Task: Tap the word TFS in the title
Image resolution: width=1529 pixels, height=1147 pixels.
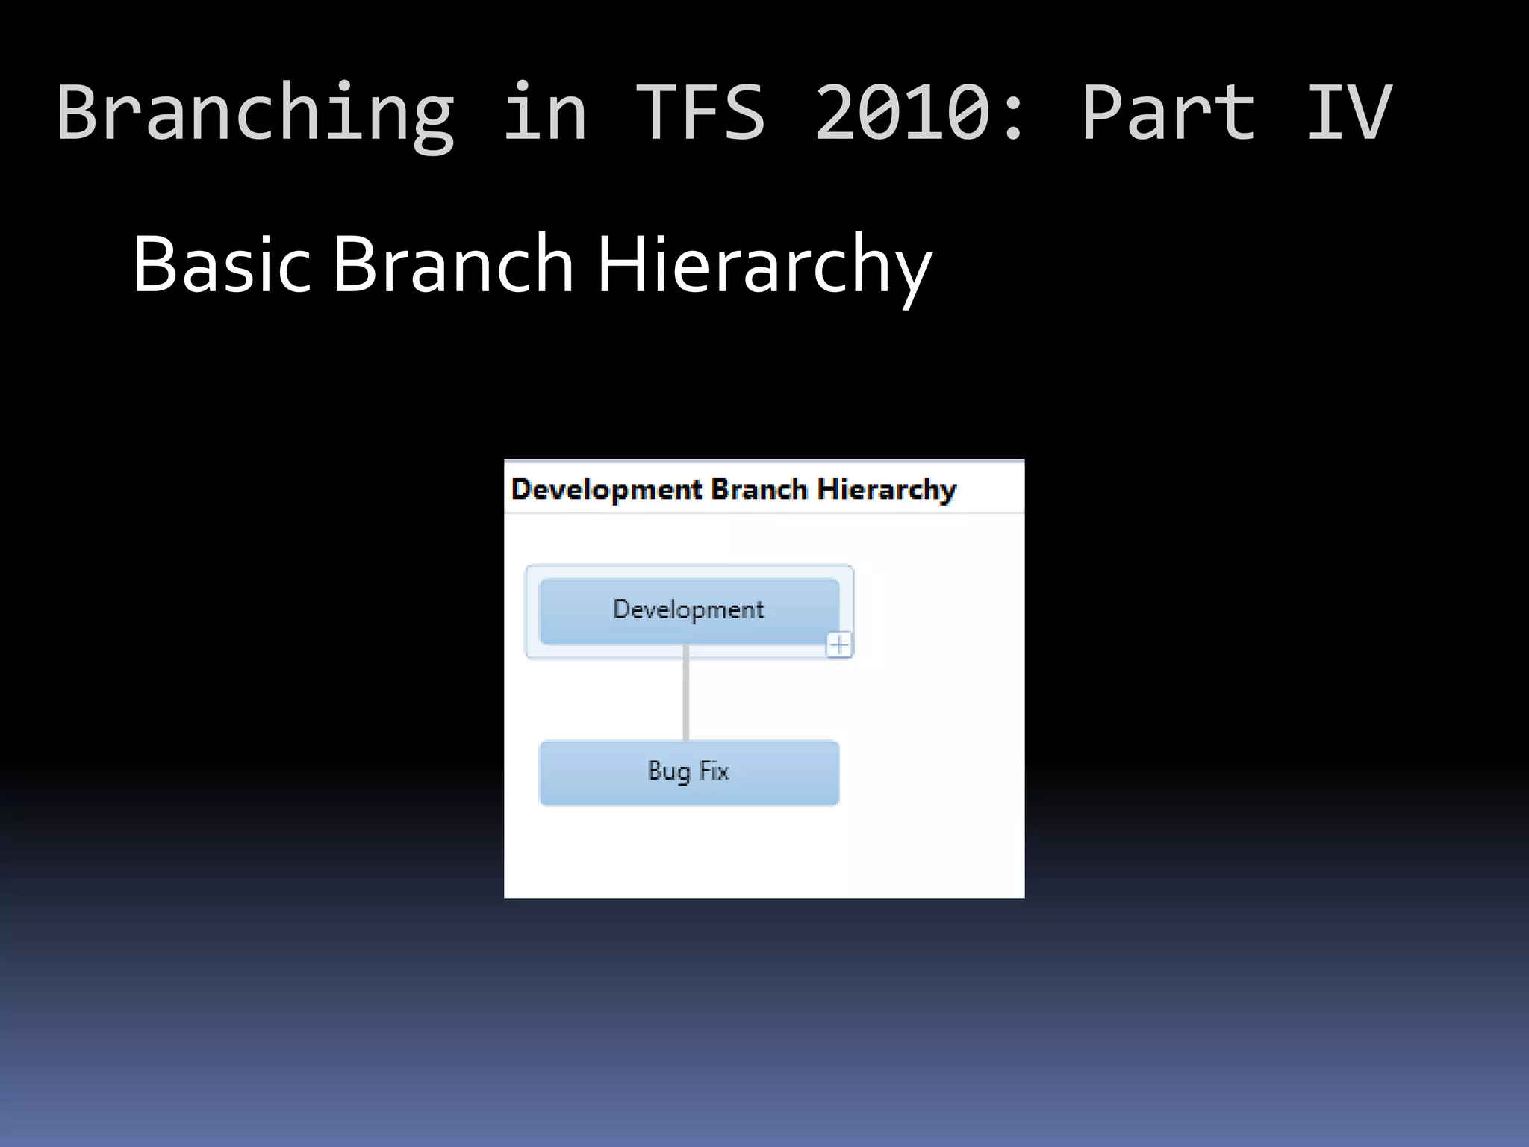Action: (700, 112)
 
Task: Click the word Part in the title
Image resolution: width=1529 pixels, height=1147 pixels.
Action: (1168, 112)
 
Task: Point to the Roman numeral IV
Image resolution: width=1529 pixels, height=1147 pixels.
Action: (1348, 112)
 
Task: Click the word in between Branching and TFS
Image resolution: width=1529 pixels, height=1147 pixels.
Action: (545, 112)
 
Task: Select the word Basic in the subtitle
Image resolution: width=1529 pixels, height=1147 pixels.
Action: (221, 264)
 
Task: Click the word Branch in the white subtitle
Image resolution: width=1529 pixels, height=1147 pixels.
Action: (452, 264)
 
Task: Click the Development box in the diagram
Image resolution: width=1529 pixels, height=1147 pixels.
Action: (688, 610)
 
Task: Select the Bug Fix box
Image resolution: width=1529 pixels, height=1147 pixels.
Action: (688, 772)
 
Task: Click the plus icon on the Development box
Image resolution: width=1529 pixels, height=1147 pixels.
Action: (839, 644)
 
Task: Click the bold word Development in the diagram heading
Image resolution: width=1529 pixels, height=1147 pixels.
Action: (606, 490)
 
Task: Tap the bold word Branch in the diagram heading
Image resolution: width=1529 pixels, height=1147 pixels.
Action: (759, 490)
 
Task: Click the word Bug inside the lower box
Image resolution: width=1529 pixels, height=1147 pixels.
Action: (669, 771)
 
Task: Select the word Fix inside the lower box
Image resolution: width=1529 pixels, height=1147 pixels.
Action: (714, 771)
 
